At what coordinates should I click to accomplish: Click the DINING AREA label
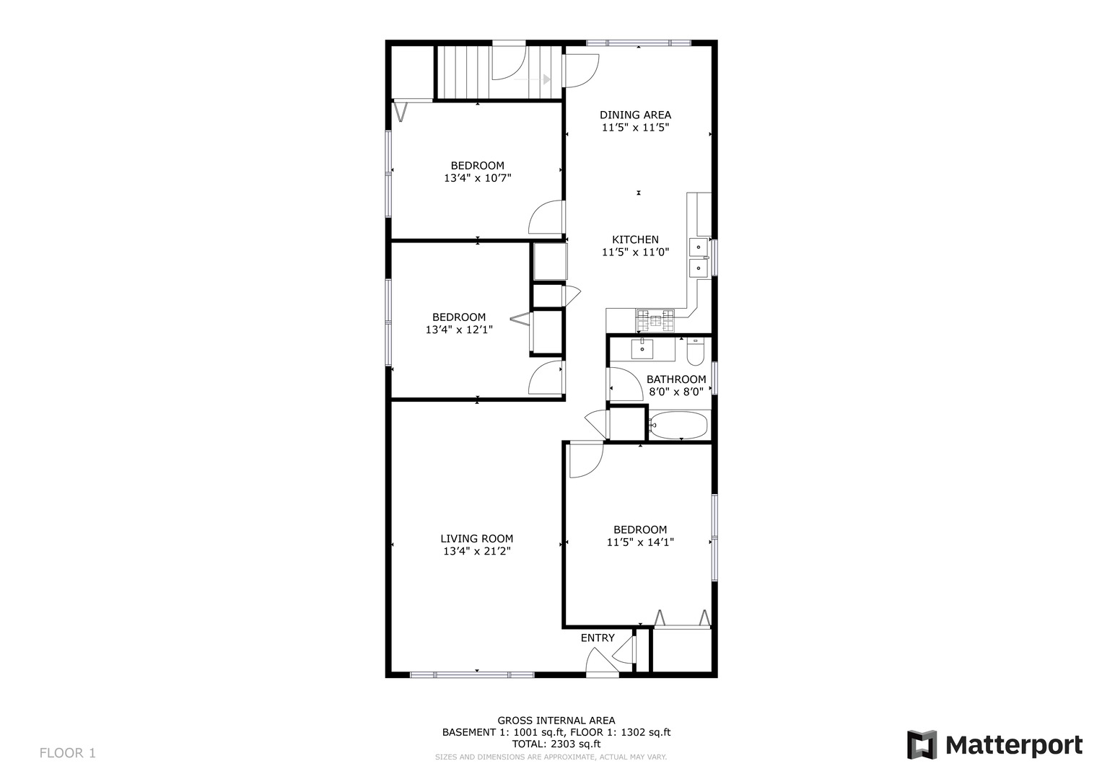pos(635,115)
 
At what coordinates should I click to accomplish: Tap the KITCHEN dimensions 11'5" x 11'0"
pos(635,252)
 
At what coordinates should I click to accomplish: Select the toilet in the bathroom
pos(695,352)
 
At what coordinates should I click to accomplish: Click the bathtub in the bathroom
pos(679,425)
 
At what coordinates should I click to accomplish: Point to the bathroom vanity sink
pos(642,348)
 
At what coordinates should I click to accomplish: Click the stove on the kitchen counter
pos(655,317)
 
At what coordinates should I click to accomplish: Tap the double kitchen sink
pos(698,257)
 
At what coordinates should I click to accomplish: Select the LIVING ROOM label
pos(476,538)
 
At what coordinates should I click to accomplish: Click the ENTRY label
pos(598,638)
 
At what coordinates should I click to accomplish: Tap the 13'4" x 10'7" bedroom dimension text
pos(477,177)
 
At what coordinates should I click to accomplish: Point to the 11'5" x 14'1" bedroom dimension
pos(640,542)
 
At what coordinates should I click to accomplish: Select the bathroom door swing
pos(624,384)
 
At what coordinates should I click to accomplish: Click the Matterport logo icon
pos(922,744)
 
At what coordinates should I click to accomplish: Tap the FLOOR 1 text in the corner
pos(67,753)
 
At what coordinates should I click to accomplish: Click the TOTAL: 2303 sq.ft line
pos(556,744)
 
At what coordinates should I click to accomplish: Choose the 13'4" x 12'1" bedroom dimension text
pos(458,330)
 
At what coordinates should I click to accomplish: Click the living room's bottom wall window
pos(472,674)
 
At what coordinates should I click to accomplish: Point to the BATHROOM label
pos(675,379)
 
